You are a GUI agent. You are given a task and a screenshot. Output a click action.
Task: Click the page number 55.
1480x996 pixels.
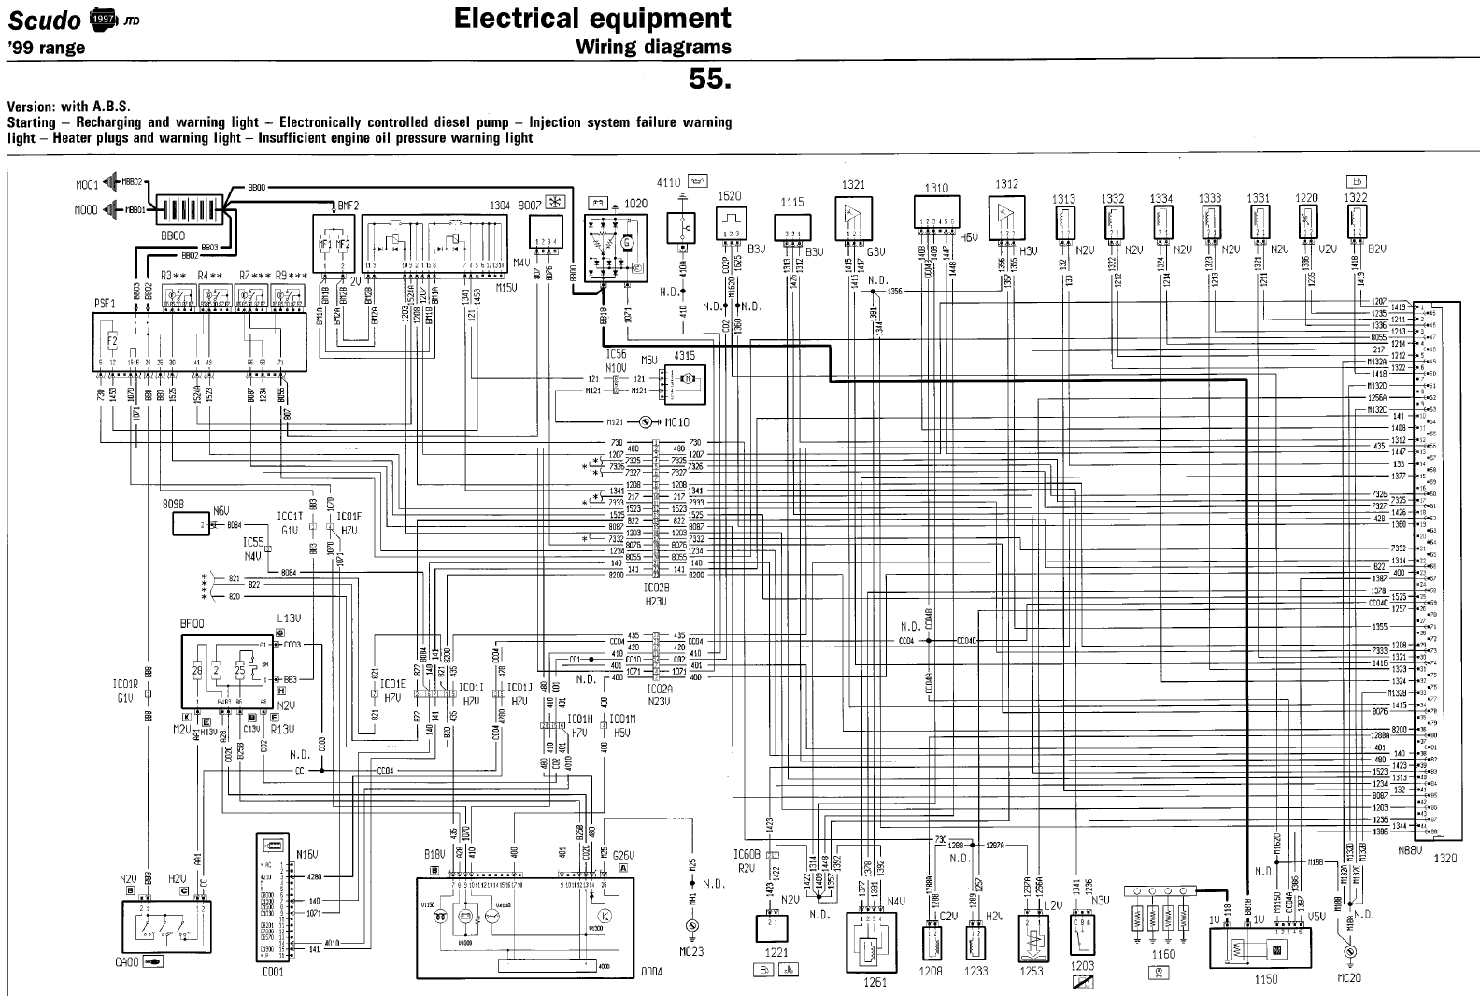[x=709, y=78]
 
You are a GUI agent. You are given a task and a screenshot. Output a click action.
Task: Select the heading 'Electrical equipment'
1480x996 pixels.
[x=591, y=18]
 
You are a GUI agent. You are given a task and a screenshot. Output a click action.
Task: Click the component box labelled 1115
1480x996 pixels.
[x=792, y=229]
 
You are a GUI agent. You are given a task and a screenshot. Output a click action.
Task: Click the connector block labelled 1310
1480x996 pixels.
[x=936, y=212]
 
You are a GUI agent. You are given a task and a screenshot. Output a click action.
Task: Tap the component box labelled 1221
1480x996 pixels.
[x=773, y=930]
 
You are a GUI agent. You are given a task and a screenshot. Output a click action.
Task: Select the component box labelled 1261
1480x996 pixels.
[x=875, y=944]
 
